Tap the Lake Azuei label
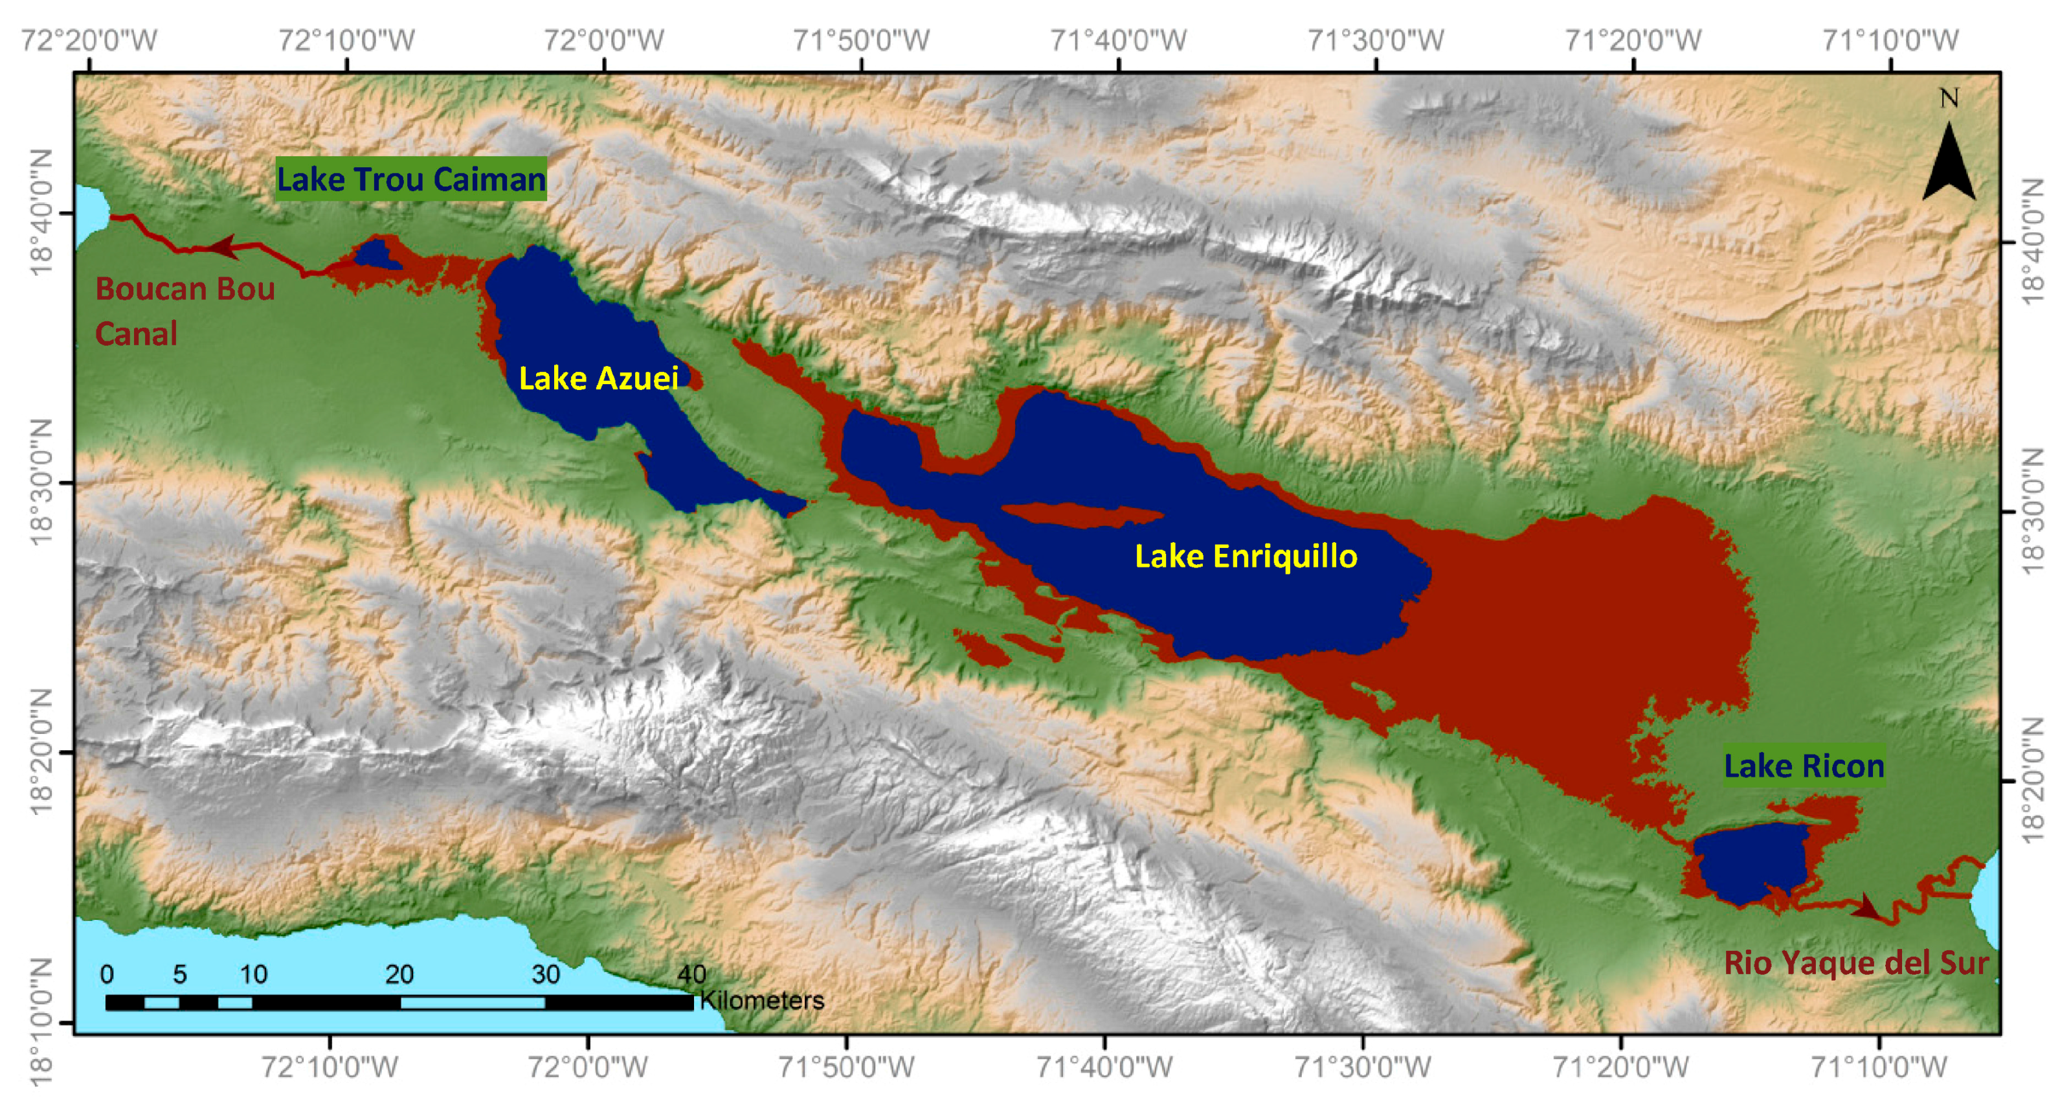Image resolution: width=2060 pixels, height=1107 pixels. click(x=598, y=378)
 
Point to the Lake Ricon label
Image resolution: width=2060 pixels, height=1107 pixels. click(x=1803, y=766)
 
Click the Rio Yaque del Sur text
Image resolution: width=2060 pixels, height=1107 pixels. click(x=1855, y=962)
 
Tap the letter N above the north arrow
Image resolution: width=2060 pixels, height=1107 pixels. click(x=1949, y=98)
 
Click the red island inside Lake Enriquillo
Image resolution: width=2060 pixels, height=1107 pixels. click(x=1080, y=515)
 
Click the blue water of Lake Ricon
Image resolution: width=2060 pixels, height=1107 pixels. click(x=1751, y=864)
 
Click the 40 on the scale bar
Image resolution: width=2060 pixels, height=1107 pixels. click(x=691, y=974)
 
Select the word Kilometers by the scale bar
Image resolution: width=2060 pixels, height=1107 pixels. click(x=762, y=1001)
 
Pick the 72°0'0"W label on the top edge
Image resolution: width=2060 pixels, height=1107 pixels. click(x=604, y=40)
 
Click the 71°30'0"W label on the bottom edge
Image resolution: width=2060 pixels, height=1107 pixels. click(x=1362, y=1066)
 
